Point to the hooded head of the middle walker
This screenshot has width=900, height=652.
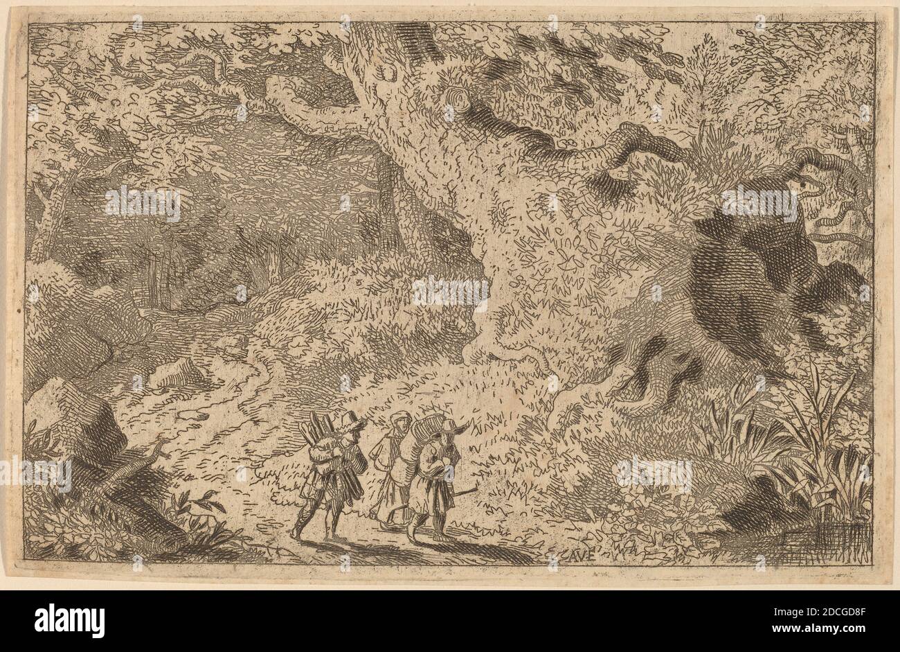click(397, 422)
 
